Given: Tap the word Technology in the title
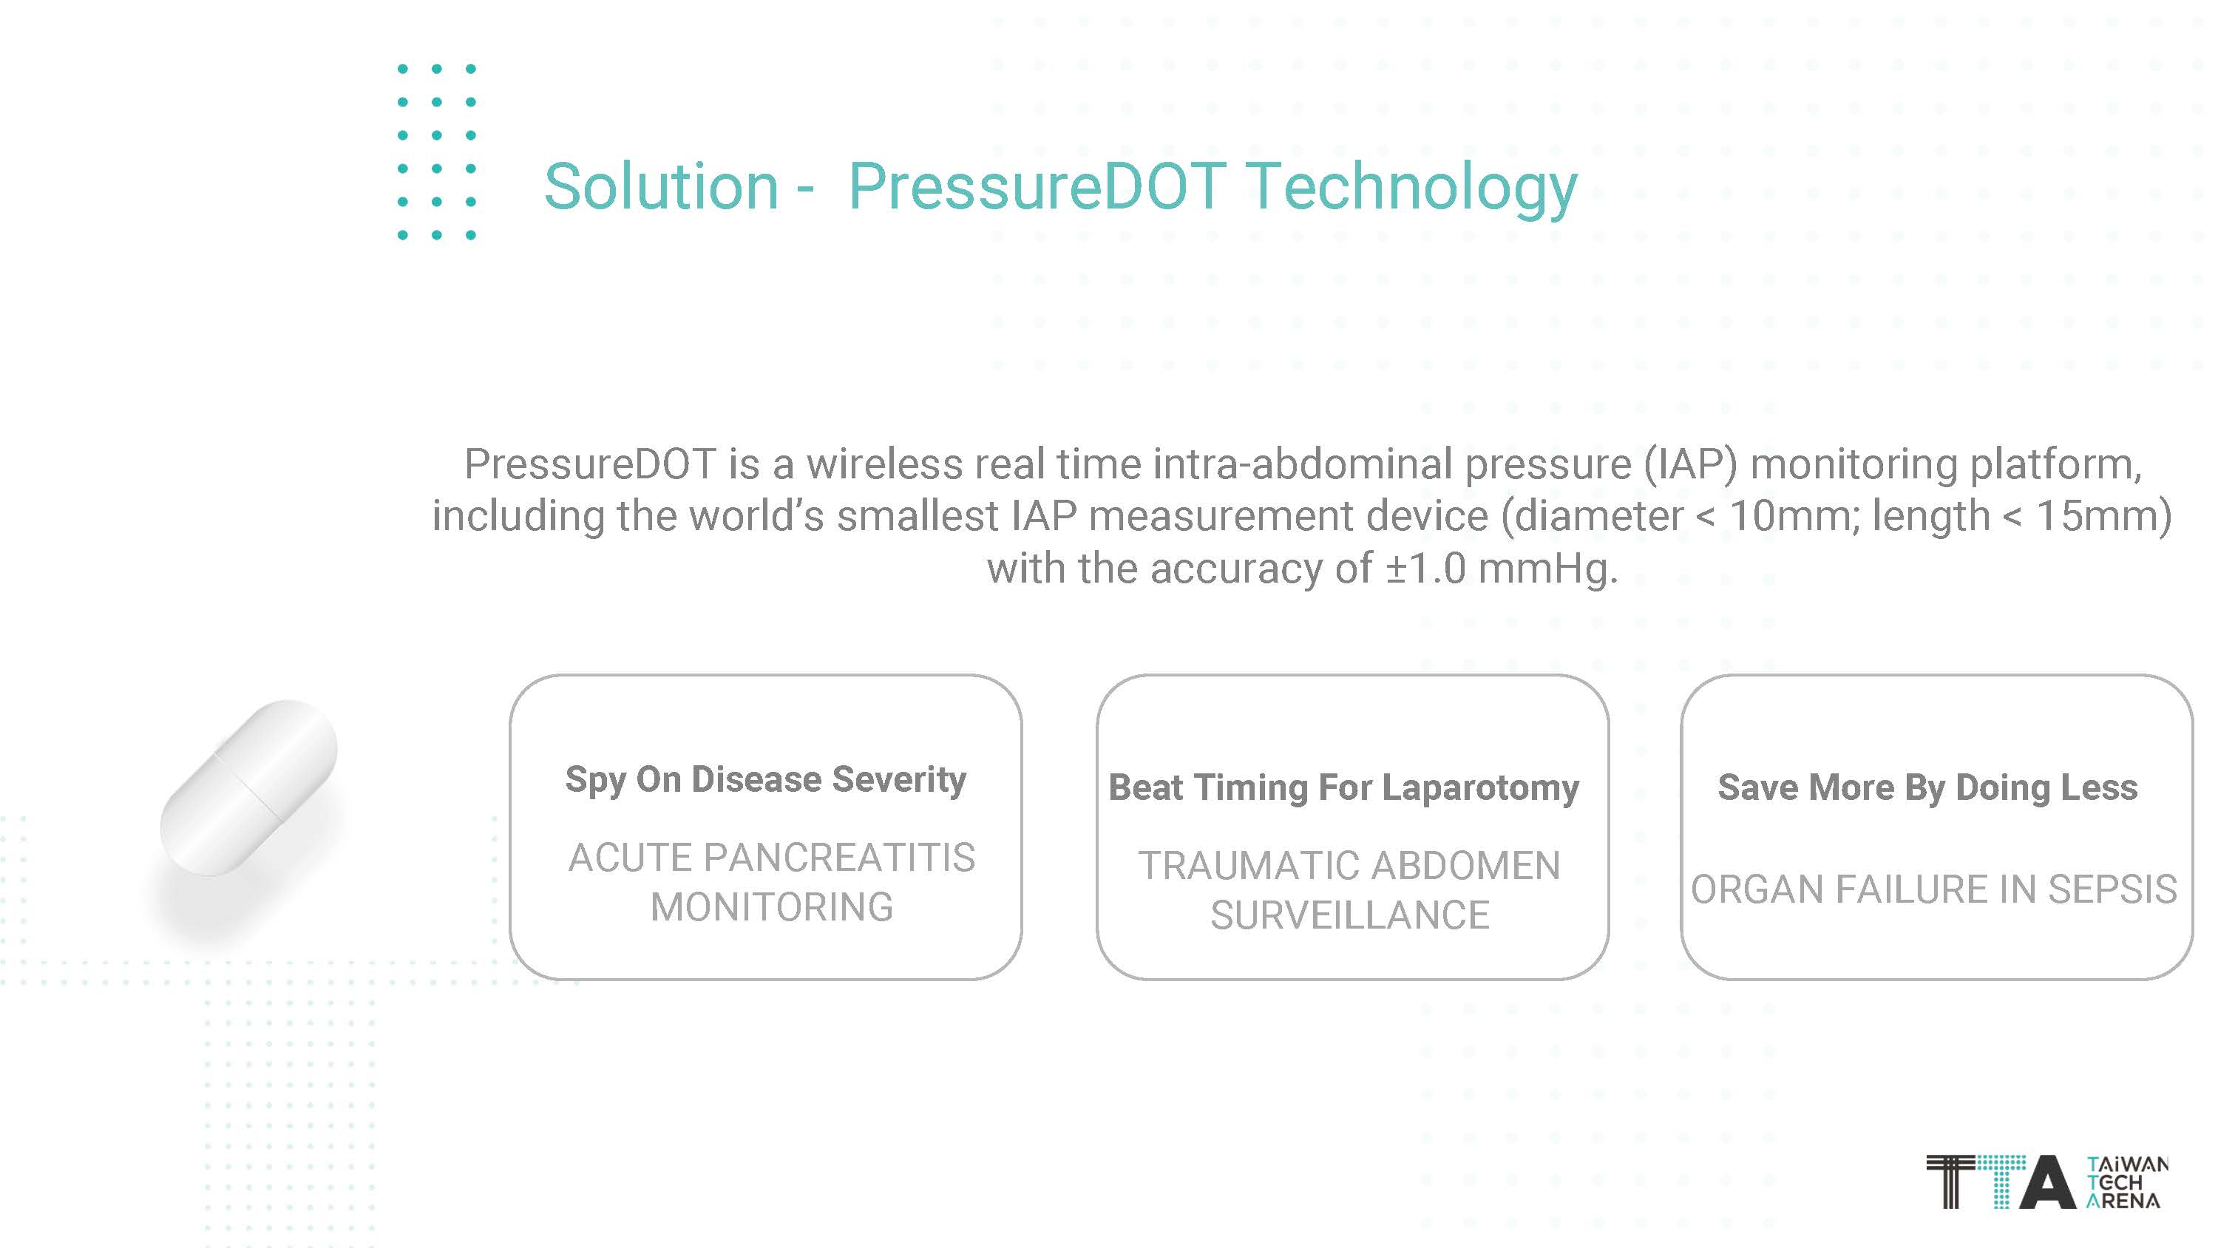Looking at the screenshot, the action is [x=1412, y=190].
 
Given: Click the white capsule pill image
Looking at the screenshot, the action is [x=249, y=787].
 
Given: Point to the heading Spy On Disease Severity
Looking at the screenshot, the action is [x=765, y=780].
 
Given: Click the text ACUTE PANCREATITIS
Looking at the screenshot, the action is [x=771, y=857].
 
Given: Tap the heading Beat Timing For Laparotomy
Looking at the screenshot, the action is [x=1343, y=788].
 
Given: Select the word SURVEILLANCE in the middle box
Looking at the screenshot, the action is [x=1349, y=915].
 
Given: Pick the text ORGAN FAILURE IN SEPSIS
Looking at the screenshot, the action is [x=1934, y=889].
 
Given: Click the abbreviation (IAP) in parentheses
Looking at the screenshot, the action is [x=1691, y=464].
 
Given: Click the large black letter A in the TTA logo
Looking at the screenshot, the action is [x=2046, y=1181].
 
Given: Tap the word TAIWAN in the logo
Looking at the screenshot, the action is [x=2128, y=1164].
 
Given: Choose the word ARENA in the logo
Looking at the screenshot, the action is [x=2123, y=1200].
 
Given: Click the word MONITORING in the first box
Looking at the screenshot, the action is [x=771, y=906].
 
